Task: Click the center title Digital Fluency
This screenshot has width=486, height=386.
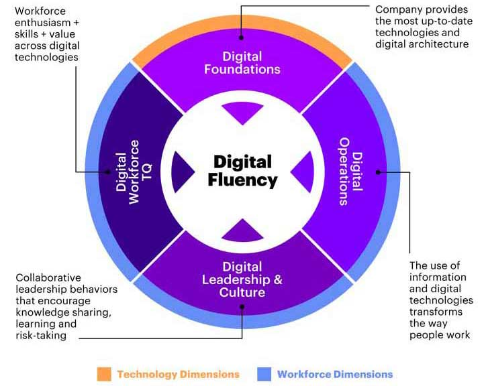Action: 242,171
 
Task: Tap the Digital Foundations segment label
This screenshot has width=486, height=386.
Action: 242,62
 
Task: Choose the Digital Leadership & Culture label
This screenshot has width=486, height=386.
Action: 242,279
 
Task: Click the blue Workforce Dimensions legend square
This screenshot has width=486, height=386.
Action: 264,374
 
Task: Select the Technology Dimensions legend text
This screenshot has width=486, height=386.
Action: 178,374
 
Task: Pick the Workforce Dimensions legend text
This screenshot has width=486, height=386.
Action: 335,374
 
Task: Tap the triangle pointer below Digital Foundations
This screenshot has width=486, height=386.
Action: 242,113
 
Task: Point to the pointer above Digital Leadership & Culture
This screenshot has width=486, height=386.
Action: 242,230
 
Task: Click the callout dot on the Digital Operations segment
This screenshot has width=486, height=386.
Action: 378,172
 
